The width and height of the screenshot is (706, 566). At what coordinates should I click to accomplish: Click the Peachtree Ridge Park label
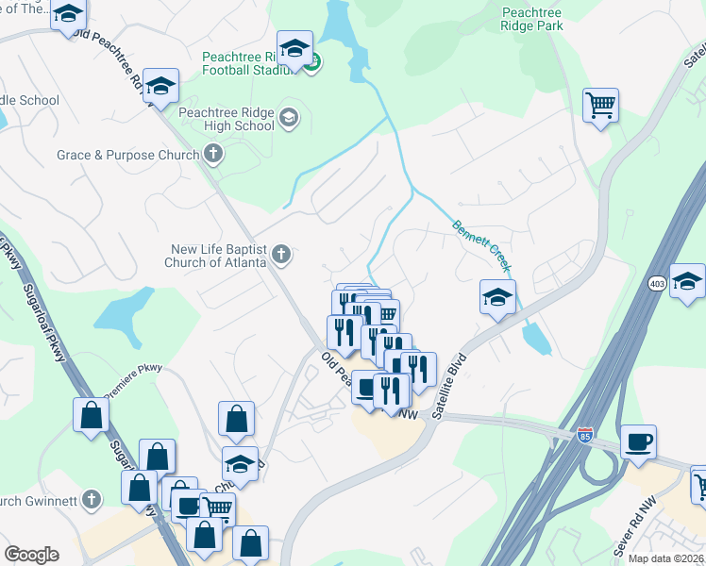(532, 19)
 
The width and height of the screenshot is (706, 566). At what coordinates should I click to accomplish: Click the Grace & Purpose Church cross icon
(214, 154)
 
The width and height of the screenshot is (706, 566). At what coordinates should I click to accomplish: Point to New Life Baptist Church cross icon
(280, 254)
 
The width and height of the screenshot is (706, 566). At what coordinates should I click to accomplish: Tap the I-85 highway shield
(586, 436)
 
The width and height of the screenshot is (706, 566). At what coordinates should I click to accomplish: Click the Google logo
(31, 555)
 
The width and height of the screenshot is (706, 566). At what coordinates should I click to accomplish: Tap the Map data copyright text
(666, 558)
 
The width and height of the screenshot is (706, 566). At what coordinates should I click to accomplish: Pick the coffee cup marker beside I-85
(638, 441)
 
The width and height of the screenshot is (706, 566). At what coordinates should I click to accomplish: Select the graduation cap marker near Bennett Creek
(497, 298)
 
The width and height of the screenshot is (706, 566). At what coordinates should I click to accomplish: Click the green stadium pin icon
(313, 63)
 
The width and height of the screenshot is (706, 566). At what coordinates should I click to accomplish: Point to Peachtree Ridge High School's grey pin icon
(288, 118)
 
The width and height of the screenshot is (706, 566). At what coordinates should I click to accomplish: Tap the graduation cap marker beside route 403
(687, 280)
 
